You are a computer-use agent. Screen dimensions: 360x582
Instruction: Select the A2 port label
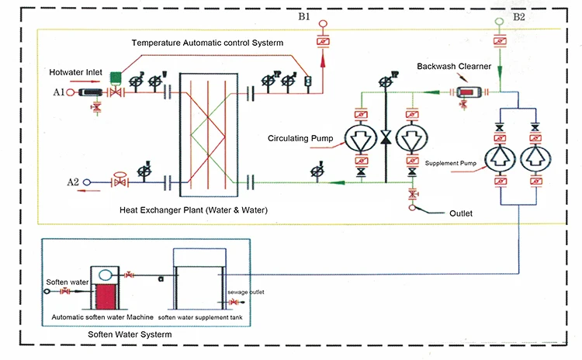[72, 182]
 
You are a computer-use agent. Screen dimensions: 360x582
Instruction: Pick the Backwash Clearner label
[448, 66]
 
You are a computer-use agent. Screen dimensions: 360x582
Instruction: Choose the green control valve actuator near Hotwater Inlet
[115, 75]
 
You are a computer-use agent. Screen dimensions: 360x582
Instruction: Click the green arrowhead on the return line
[336, 183]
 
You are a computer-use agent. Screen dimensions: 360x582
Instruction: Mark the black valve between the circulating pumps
[386, 140]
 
